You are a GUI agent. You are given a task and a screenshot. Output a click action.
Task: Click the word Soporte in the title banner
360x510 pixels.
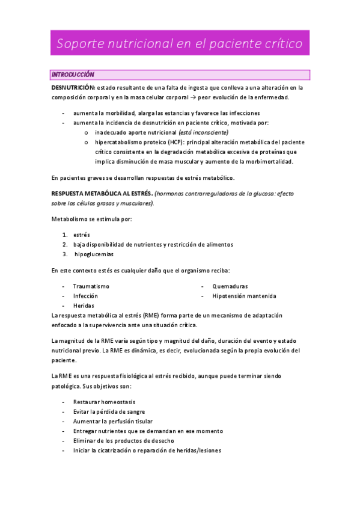pos(81,44)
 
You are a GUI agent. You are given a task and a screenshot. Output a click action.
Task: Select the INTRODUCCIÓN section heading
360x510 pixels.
pos(73,75)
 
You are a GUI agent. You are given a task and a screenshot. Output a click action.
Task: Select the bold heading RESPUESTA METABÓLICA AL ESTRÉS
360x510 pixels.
pos(102,194)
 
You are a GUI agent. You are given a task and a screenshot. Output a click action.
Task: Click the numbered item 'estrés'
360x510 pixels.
pos(81,235)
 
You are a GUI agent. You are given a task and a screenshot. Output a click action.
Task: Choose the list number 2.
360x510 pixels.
pos(65,244)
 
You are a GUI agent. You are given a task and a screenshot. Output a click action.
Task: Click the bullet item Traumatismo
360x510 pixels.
pos(91,286)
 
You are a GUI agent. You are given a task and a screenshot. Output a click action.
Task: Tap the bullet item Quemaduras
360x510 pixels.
pos(230,286)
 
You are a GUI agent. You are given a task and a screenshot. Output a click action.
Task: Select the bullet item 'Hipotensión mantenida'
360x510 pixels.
pos(244,296)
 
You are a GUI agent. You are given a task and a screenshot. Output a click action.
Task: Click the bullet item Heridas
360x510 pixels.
pos(84,306)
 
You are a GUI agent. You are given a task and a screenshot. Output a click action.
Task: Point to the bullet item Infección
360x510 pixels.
pos(85,296)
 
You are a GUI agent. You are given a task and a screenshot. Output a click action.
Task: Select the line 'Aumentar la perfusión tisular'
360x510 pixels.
pos(112,421)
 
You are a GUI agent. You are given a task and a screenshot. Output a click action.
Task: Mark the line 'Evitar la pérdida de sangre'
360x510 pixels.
pos(109,411)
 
